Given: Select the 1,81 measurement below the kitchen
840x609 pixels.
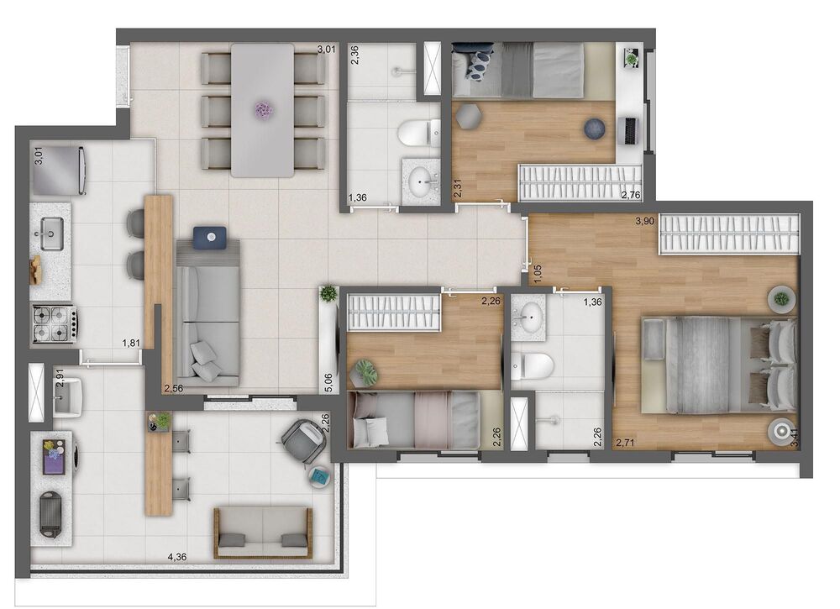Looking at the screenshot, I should click(x=131, y=343).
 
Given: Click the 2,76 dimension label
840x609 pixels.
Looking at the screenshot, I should click(x=631, y=196).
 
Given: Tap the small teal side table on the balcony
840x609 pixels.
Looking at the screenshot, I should click(x=320, y=476).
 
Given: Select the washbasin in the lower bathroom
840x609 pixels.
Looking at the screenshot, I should click(x=530, y=318).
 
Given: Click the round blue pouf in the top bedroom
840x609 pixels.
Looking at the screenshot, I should click(x=595, y=129).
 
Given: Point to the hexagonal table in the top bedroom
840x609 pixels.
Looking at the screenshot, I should click(x=466, y=116).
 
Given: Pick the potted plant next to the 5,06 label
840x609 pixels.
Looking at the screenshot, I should click(x=328, y=293).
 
